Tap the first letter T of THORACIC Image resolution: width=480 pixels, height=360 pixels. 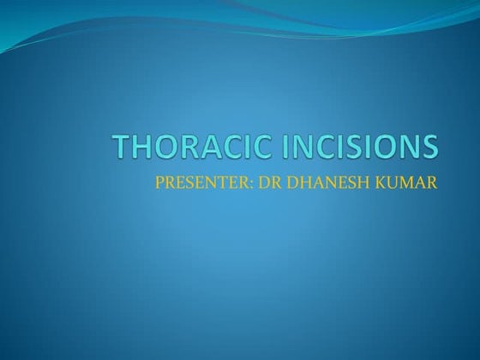[124, 148]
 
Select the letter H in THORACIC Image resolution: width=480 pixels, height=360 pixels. [147, 148]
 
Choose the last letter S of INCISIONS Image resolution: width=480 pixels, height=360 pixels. [428, 148]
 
